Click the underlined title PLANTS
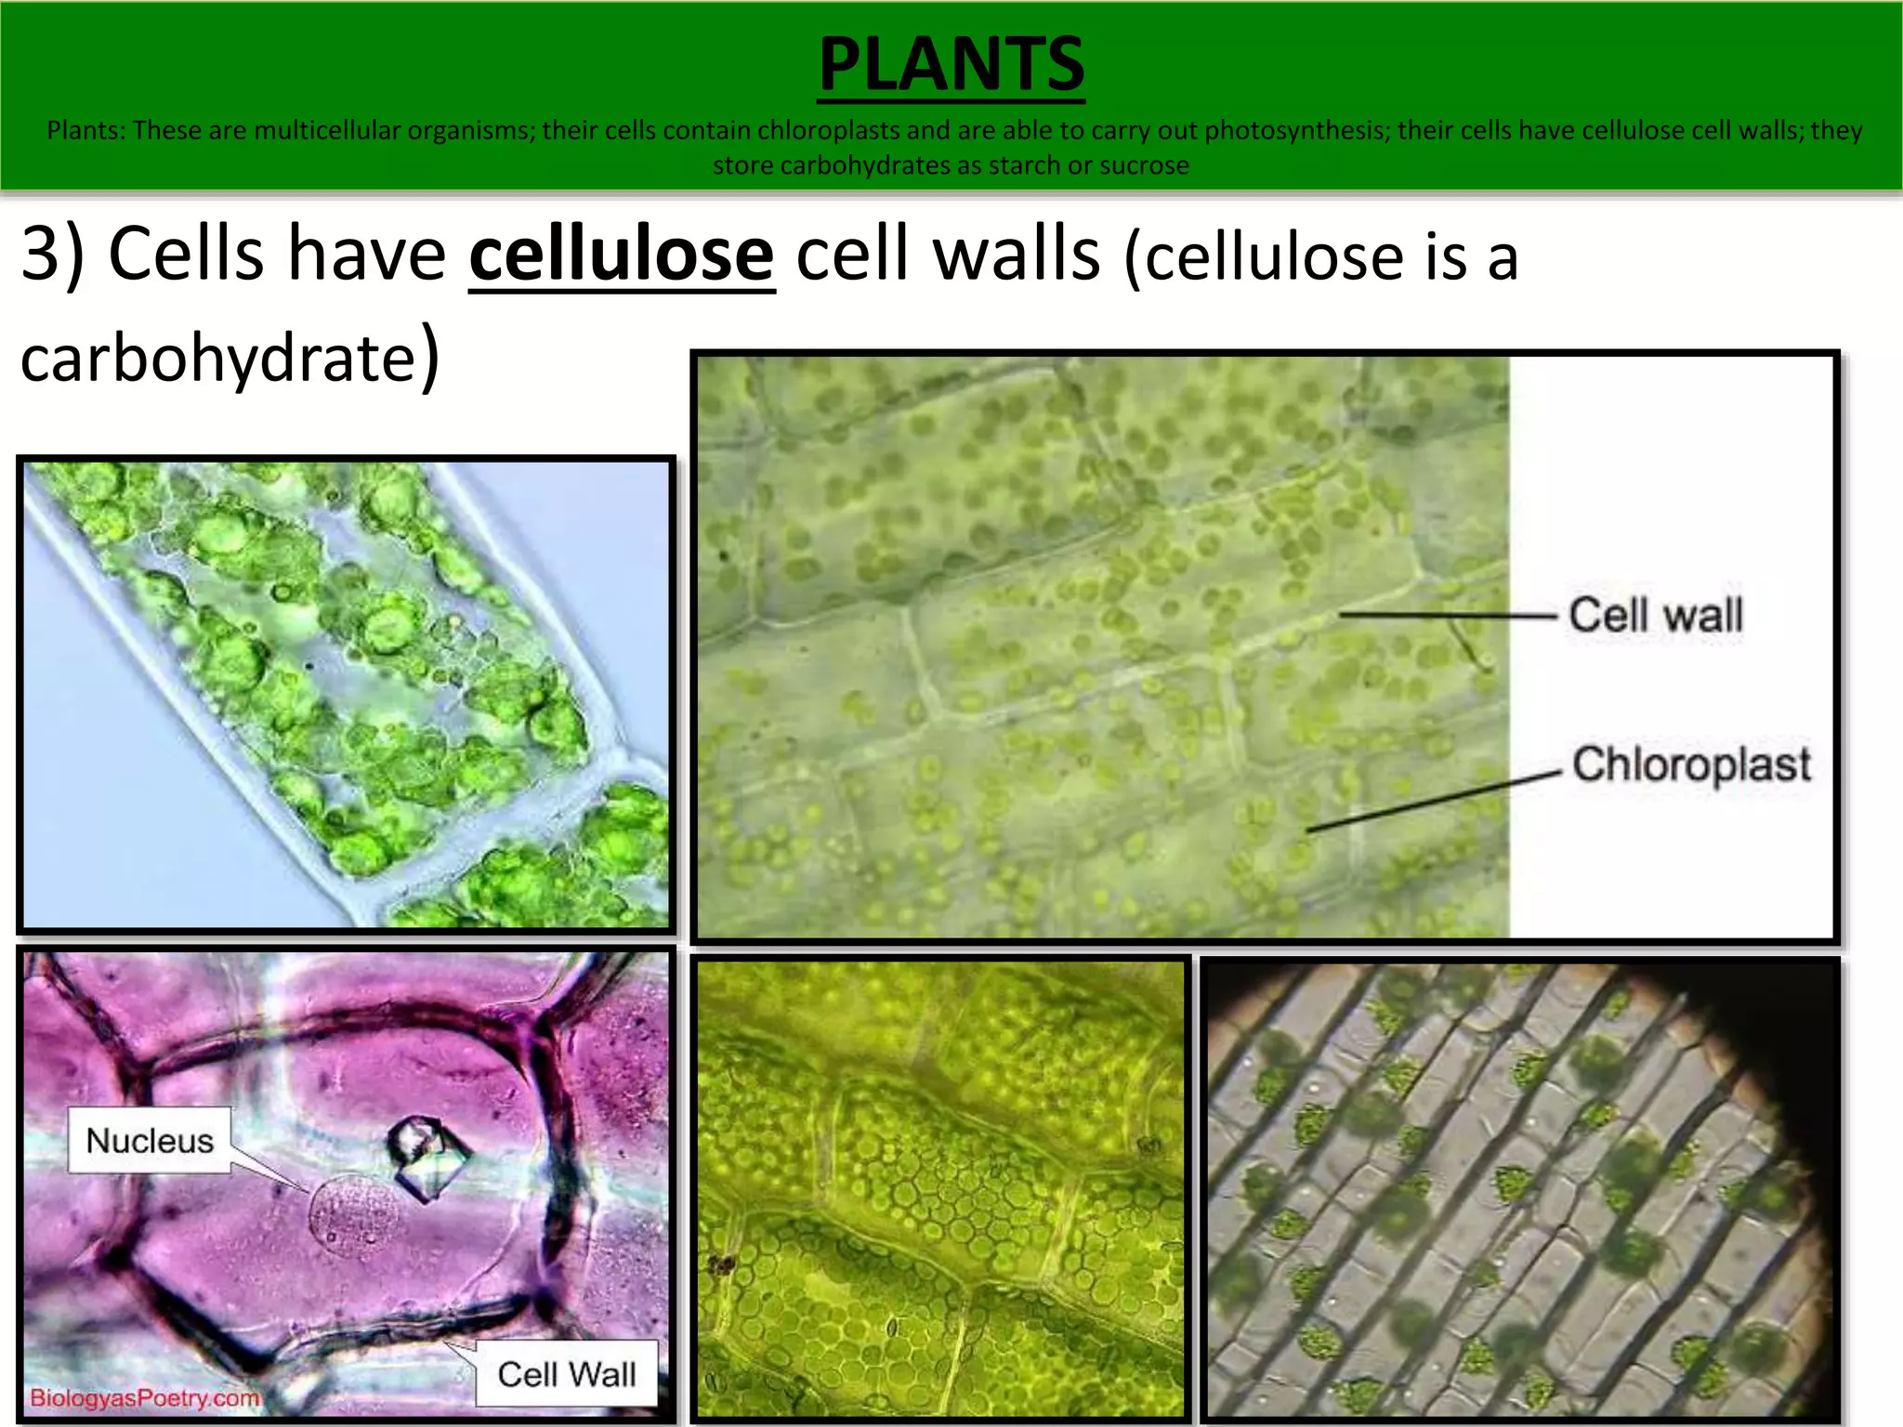(951, 64)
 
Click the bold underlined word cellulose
(621, 255)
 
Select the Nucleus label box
(150, 1140)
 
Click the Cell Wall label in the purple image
(567, 1373)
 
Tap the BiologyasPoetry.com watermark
(144, 1398)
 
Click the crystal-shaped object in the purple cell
(427, 1157)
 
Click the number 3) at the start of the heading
(52, 253)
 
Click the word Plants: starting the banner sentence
(85, 130)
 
